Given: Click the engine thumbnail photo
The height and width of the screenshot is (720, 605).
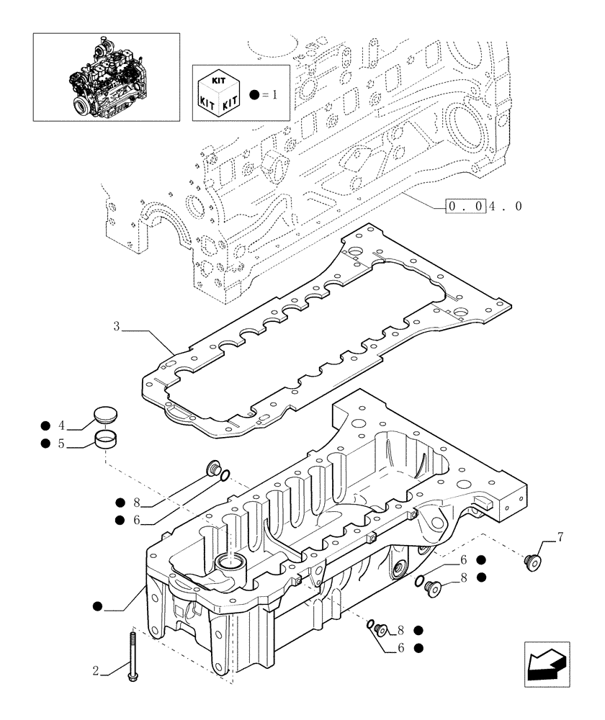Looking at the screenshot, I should (106, 76).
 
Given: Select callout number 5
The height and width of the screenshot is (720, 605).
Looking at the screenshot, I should (62, 444).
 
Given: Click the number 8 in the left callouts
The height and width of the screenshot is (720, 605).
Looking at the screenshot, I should (136, 502).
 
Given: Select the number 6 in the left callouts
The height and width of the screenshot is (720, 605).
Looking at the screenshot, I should (136, 520).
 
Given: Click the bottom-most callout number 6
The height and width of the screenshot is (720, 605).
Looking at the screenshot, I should (400, 647).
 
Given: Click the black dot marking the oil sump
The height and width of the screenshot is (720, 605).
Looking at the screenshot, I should (97, 608).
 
